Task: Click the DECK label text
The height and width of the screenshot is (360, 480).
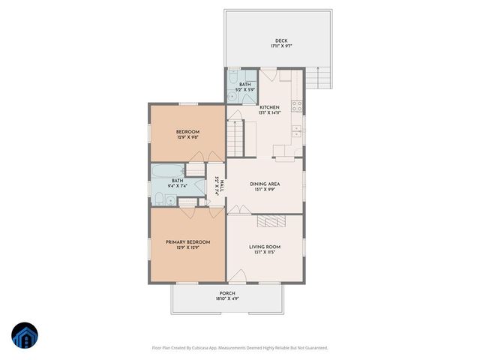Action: [x=280, y=40]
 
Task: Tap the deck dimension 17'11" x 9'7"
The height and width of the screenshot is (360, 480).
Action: [x=280, y=46]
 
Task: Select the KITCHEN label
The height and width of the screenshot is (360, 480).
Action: [x=269, y=107]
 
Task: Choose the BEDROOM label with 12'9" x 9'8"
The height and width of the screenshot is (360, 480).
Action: [x=187, y=132]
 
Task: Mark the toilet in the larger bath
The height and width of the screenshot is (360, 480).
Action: [x=159, y=198]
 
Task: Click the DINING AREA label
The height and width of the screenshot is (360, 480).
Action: [x=265, y=184]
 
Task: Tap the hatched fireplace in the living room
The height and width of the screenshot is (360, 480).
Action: [x=271, y=221]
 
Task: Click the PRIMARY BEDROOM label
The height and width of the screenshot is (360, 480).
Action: [x=187, y=241]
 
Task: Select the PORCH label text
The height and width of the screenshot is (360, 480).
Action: [x=227, y=293]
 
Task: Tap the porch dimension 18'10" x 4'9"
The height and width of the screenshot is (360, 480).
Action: [x=227, y=299]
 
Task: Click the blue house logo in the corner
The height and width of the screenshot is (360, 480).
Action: [x=24, y=336]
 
